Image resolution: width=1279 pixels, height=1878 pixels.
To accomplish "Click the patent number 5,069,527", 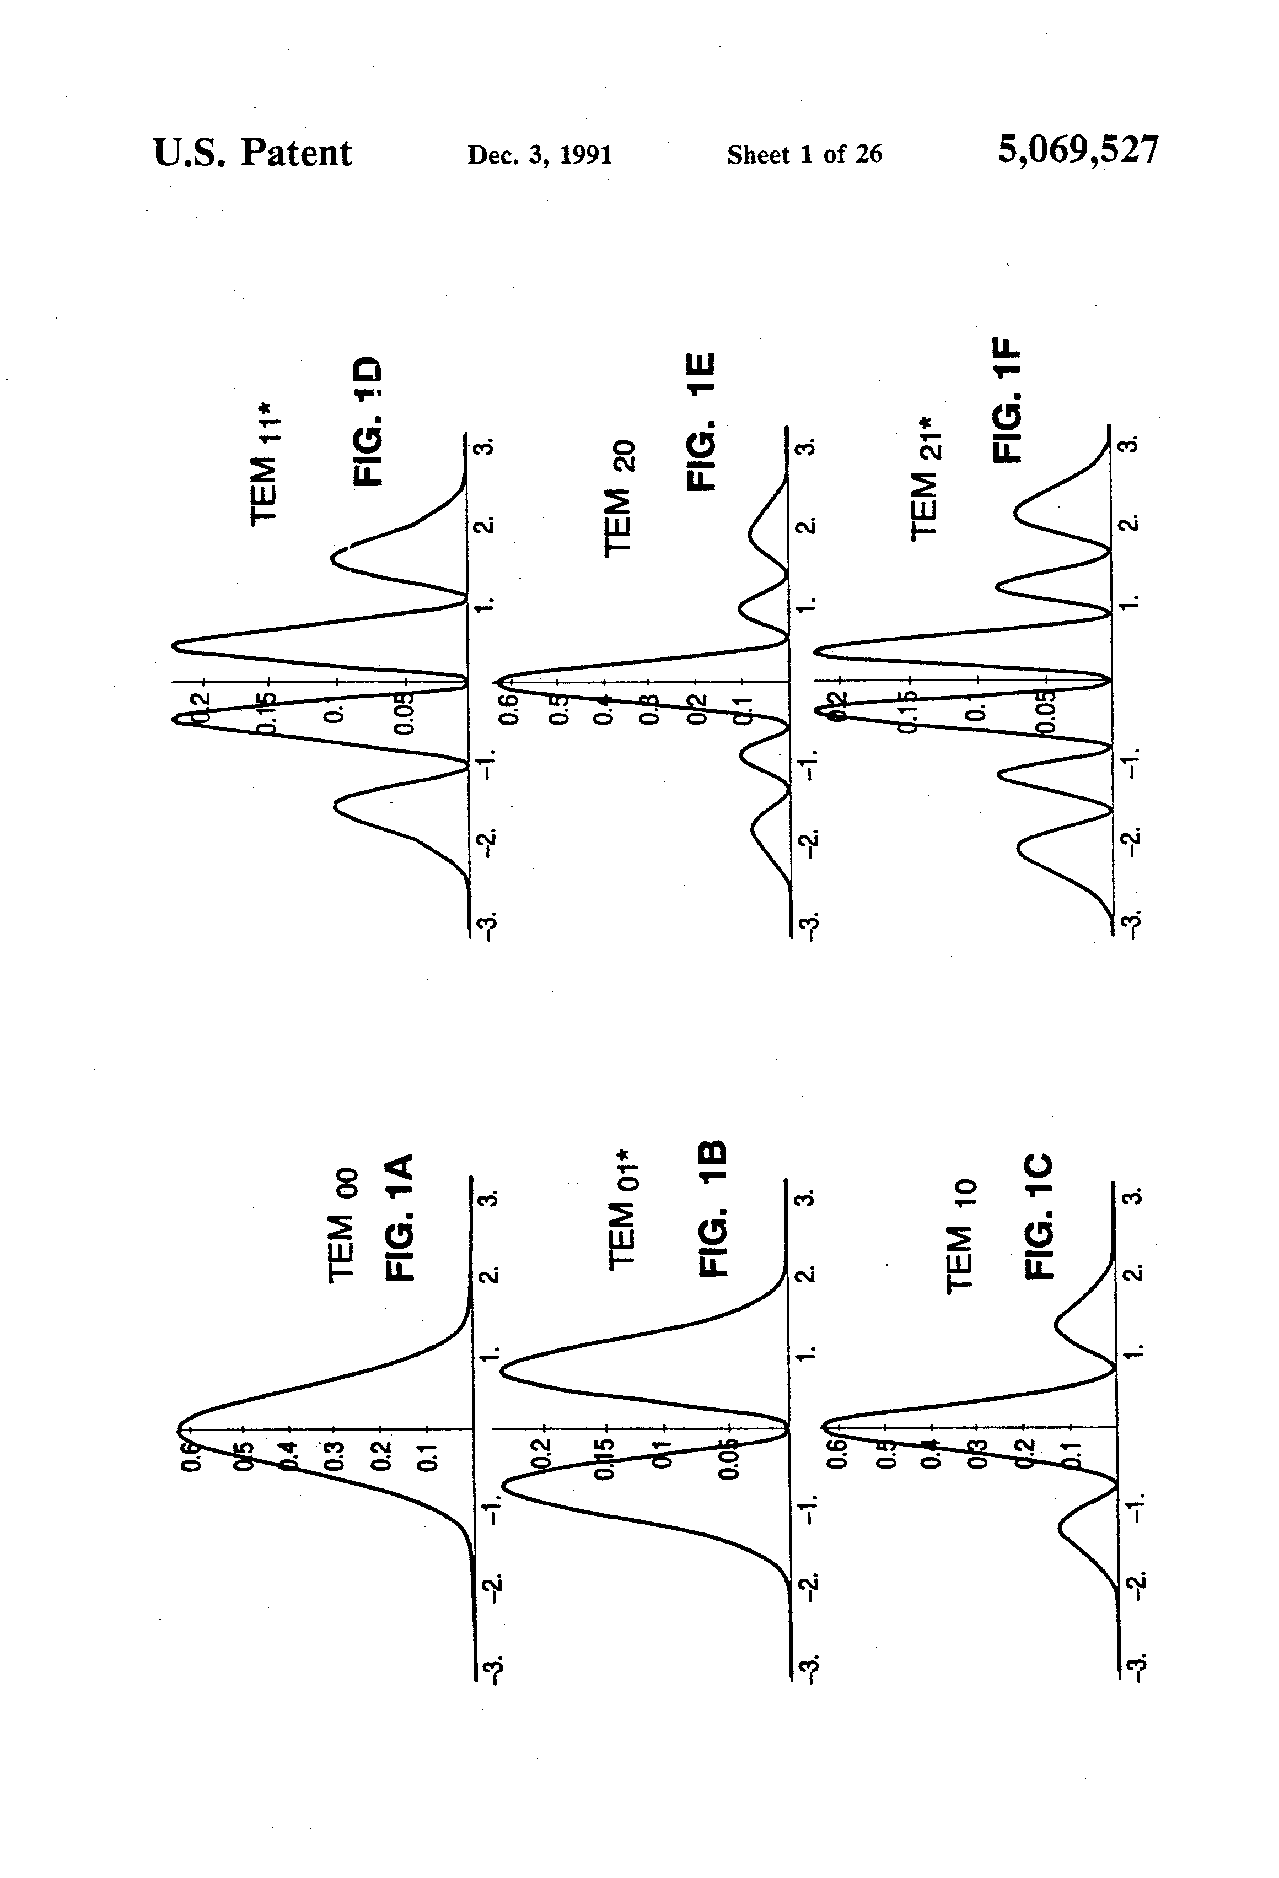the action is (1078, 151).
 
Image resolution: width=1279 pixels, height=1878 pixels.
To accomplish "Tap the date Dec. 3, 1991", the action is (539, 154).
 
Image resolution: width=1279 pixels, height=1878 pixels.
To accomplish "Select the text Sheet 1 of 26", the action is (804, 154).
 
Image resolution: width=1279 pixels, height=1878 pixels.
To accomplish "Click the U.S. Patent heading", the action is (252, 153).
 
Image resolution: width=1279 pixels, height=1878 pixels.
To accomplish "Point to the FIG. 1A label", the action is (399, 1216).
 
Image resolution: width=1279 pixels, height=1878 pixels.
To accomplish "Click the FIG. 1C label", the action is (1039, 1216).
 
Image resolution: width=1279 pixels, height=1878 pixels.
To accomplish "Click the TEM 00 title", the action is (342, 1225).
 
